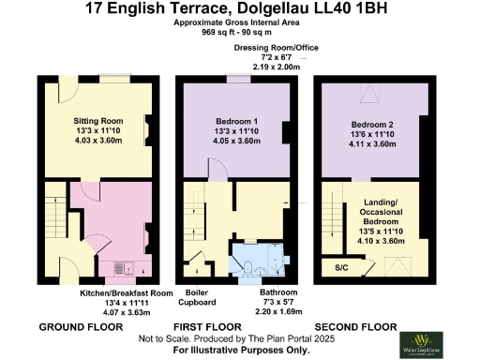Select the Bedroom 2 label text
pos(372,125)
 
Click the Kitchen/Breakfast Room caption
pos(126,293)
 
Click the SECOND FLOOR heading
pos(360,326)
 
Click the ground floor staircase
pos(54,221)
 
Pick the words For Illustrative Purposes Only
pos(240,349)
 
